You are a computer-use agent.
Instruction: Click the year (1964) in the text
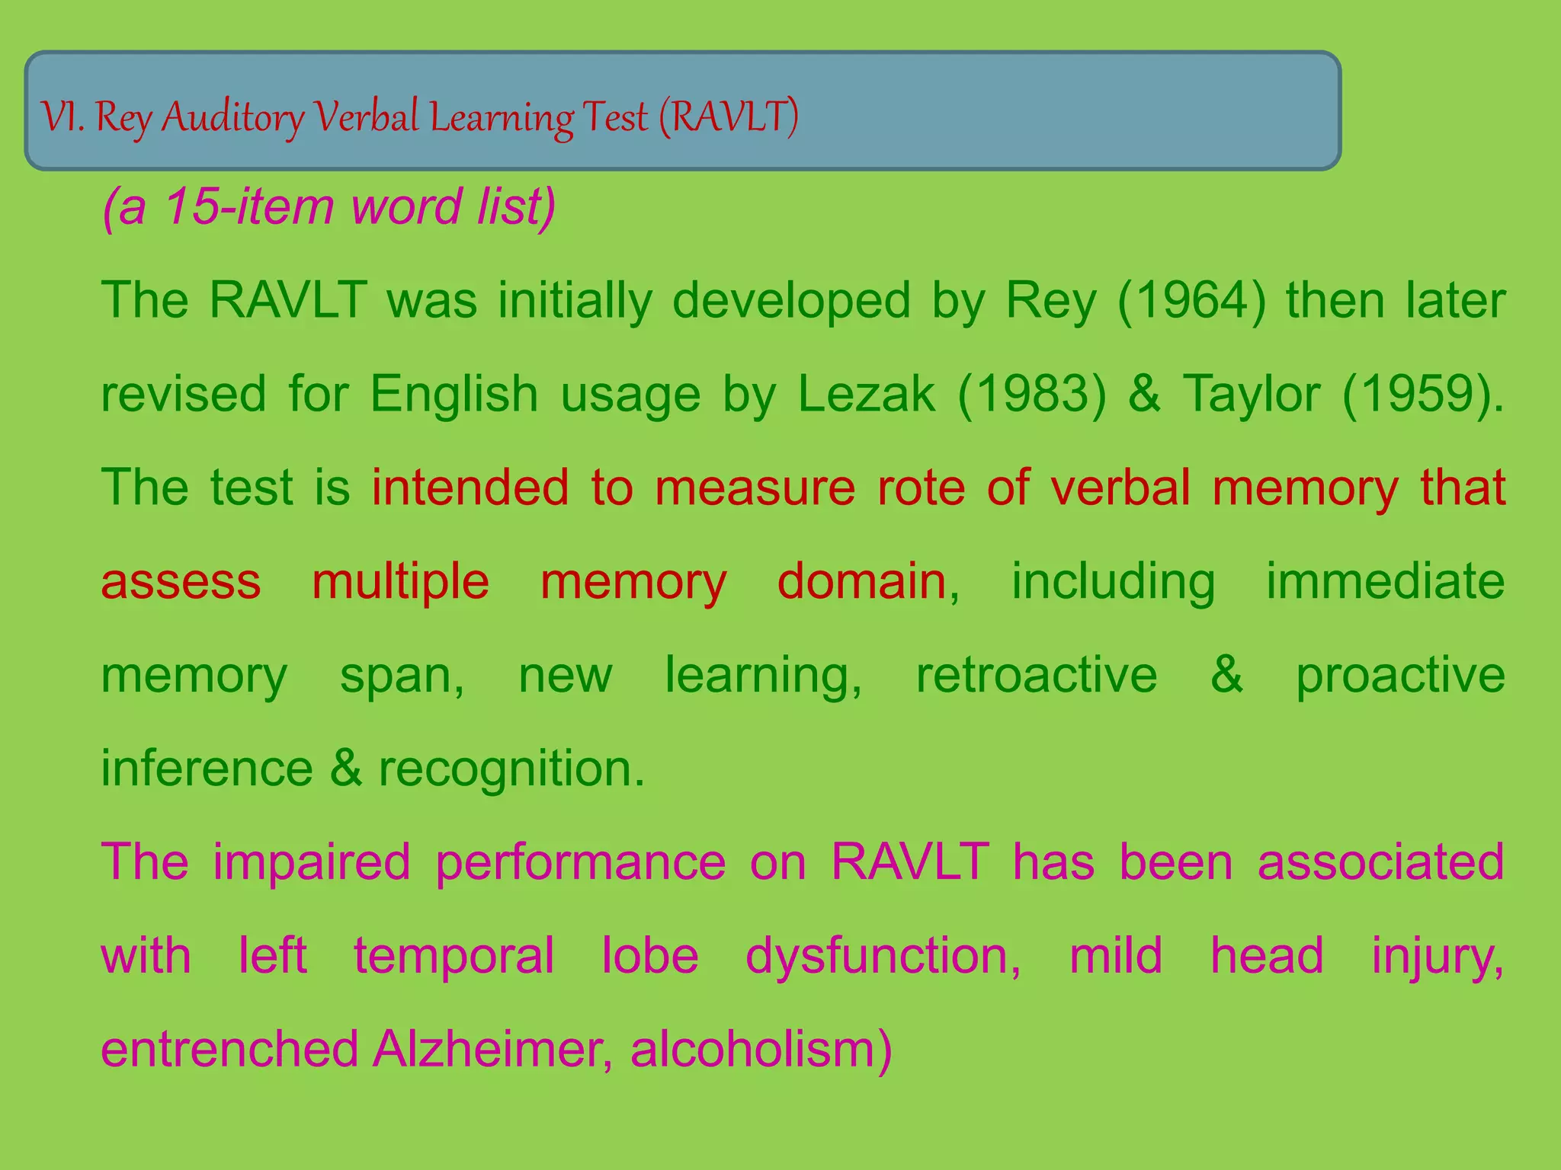(x=1191, y=301)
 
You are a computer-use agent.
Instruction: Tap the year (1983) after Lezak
(x=1031, y=395)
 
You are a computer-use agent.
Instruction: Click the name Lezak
(x=867, y=395)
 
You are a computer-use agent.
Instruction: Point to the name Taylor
(x=1252, y=395)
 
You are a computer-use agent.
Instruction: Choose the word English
(x=454, y=395)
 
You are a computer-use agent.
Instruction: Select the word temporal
(x=454, y=956)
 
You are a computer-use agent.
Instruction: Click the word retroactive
(x=1037, y=675)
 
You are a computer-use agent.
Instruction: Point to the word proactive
(x=1400, y=675)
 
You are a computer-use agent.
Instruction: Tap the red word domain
(x=862, y=581)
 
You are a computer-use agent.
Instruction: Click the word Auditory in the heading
(x=232, y=118)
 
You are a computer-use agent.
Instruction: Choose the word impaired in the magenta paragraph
(x=312, y=862)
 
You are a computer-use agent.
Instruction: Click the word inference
(x=207, y=769)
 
